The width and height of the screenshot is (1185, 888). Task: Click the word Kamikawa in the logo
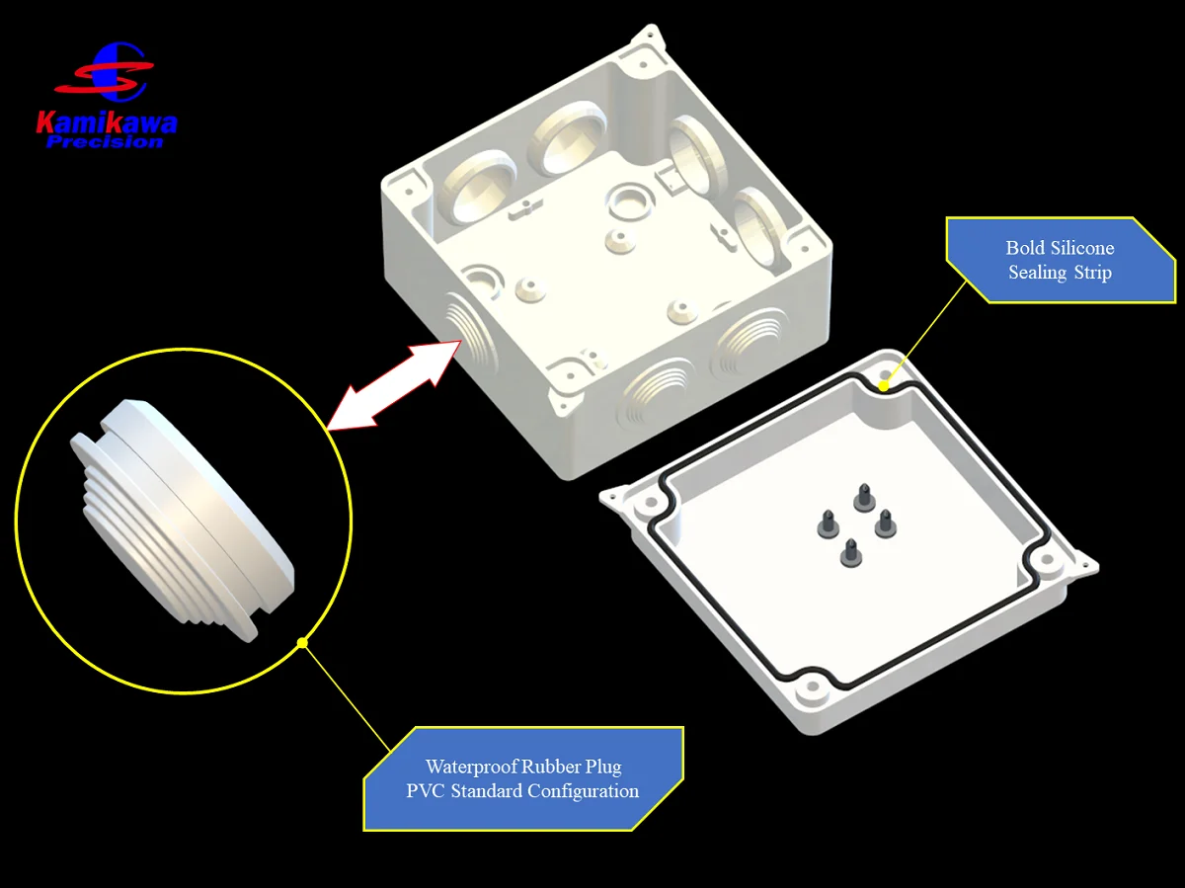click(107, 122)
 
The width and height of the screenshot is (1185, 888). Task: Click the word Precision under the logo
click(105, 141)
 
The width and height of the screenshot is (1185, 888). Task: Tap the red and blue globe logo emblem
click(116, 72)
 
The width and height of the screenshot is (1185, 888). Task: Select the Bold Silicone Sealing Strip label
click(1060, 260)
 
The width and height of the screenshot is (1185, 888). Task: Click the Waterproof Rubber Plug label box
click(523, 778)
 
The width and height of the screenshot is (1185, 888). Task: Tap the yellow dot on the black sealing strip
click(884, 386)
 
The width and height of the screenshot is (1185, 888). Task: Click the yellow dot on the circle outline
click(302, 643)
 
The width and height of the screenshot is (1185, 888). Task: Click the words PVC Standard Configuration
click(522, 791)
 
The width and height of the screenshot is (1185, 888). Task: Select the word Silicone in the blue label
click(1079, 248)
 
